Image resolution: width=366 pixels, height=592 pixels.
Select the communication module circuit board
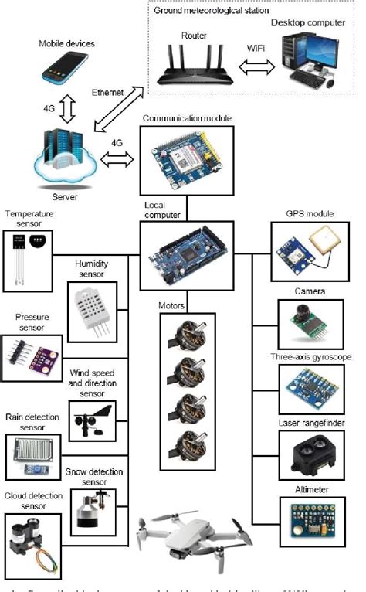(x=183, y=158)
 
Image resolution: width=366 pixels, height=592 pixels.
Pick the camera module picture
(x=304, y=319)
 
